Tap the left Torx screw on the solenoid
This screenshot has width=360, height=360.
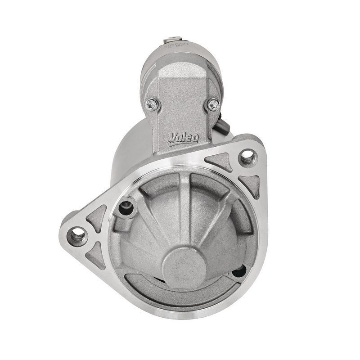coord(152,104)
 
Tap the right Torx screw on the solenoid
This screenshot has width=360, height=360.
coord(213,104)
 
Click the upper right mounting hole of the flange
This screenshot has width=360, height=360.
coord(247,157)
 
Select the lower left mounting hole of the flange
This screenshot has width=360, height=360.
coord(77,234)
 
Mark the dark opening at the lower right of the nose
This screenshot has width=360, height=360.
coord(239,271)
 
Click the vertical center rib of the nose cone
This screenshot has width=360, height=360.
coord(184,207)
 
